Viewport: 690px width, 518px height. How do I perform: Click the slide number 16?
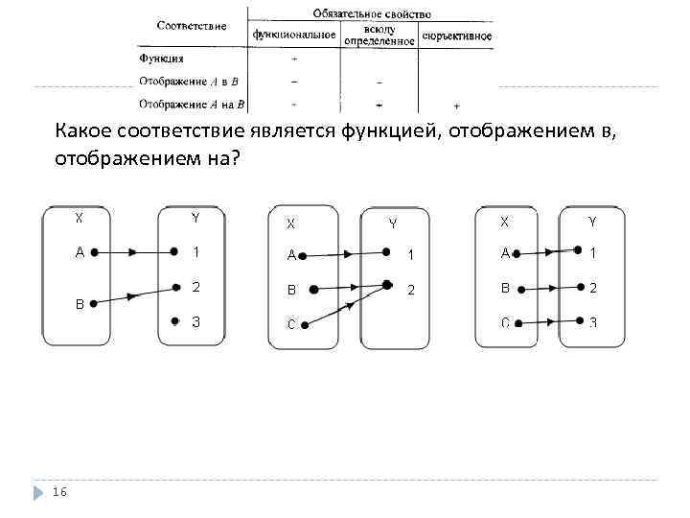coord(60,492)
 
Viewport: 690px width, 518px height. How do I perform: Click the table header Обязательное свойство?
coord(371,14)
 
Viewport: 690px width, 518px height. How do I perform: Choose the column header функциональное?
coord(293,35)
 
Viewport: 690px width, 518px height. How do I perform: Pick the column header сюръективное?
coord(456,36)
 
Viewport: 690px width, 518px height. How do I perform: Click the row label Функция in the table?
coord(161,58)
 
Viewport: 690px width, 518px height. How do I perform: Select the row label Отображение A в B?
coord(188,81)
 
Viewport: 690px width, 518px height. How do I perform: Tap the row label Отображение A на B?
coord(192,103)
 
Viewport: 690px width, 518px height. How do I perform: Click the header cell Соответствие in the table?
coord(192,25)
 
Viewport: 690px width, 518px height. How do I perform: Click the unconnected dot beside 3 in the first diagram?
coord(173,321)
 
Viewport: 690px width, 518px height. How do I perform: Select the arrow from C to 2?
coord(346,305)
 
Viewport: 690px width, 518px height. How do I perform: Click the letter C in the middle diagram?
coord(290,324)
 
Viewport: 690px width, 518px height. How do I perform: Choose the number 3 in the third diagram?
coord(593,322)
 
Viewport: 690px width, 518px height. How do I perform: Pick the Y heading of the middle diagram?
coord(392,224)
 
